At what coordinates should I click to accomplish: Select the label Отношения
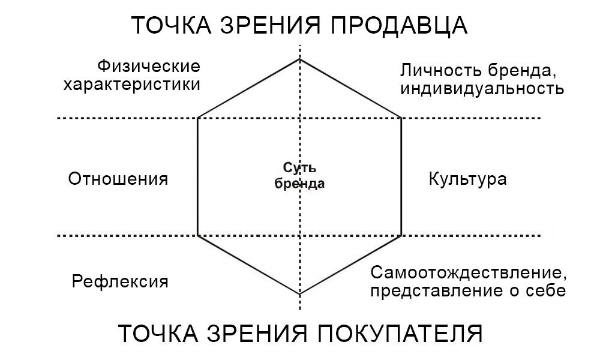coord(118,179)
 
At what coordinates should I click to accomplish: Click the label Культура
coord(467,179)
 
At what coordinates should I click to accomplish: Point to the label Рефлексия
coord(119,281)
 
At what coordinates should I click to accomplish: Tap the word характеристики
coord(131,84)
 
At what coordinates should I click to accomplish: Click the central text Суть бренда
coord(299,176)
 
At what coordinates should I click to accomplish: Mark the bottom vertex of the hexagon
coord(300,294)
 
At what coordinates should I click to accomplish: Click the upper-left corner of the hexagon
coord(198,118)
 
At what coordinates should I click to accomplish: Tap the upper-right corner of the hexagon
coord(401,118)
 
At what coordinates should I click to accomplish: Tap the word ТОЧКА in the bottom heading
coord(155,333)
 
